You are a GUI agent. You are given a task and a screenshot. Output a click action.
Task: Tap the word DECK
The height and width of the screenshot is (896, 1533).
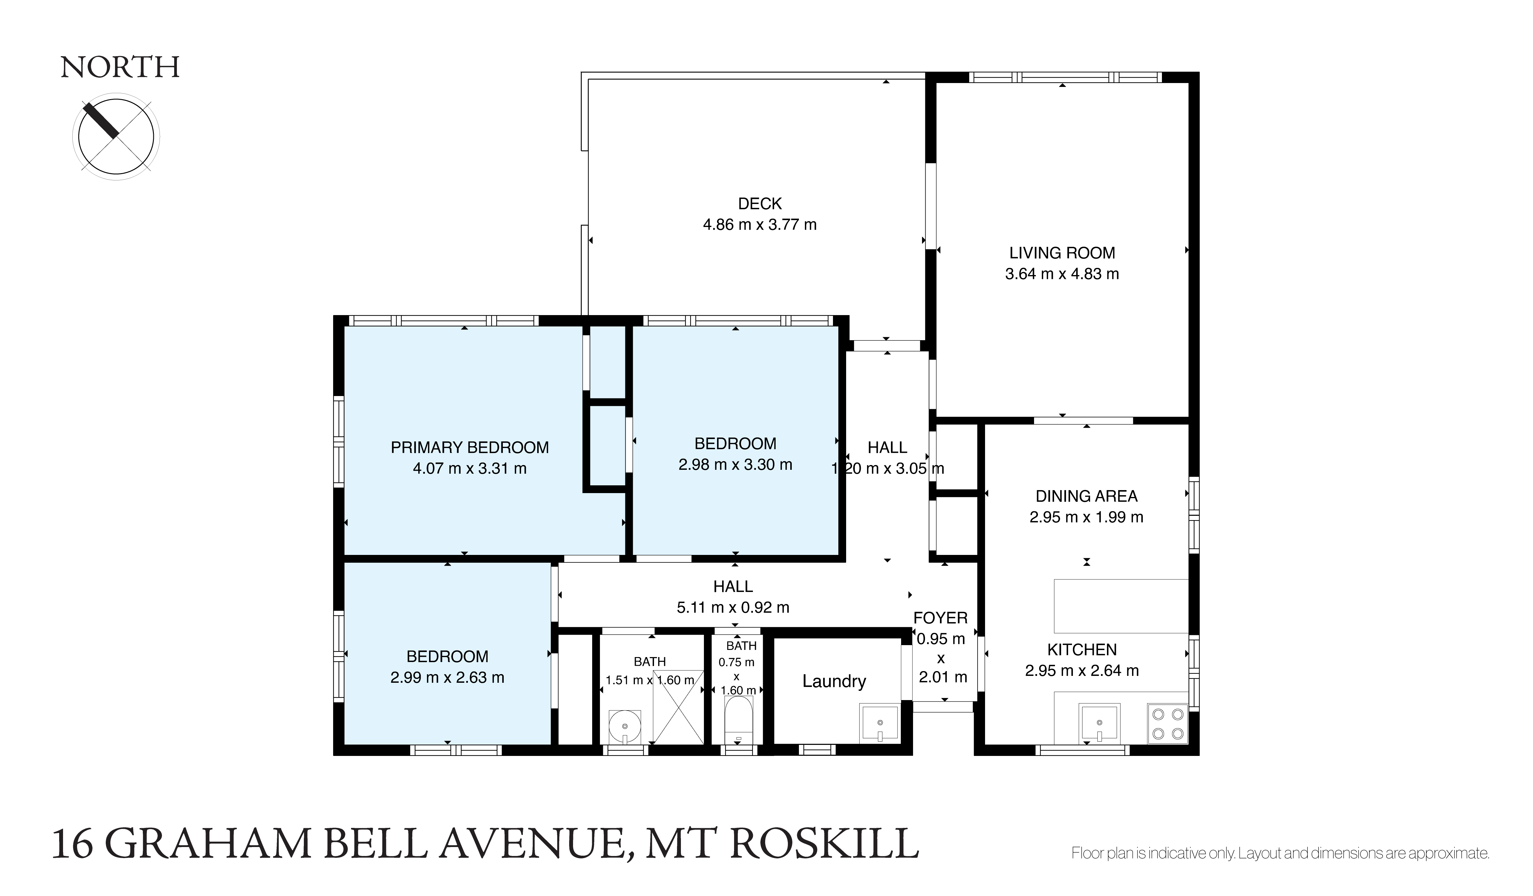pyautogui.click(x=760, y=204)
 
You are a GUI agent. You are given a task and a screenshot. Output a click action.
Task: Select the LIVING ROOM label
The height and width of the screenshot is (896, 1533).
pyautogui.click(x=1062, y=253)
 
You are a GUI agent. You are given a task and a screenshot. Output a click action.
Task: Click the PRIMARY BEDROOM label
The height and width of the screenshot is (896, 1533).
pyautogui.click(x=470, y=448)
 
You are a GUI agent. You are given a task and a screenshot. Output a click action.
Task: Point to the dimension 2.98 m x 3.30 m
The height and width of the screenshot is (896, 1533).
pyautogui.click(x=736, y=465)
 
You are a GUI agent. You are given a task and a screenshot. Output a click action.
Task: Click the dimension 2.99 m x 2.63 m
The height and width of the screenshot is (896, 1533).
pyautogui.click(x=447, y=678)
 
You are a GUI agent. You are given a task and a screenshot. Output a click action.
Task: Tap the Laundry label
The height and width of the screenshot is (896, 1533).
pyautogui.click(x=834, y=681)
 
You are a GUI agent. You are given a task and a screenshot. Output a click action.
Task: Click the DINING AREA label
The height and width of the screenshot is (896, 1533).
pyautogui.click(x=1086, y=496)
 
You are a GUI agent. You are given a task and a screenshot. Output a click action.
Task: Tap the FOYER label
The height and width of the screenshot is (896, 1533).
pyautogui.click(x=941, y=618)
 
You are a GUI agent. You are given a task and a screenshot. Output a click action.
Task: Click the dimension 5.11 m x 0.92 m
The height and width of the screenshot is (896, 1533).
pyautogui.click(x=733, y=607)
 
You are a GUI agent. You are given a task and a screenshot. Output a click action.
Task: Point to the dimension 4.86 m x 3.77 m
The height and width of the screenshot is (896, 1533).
pyautogui.click(x=760, y=225)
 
